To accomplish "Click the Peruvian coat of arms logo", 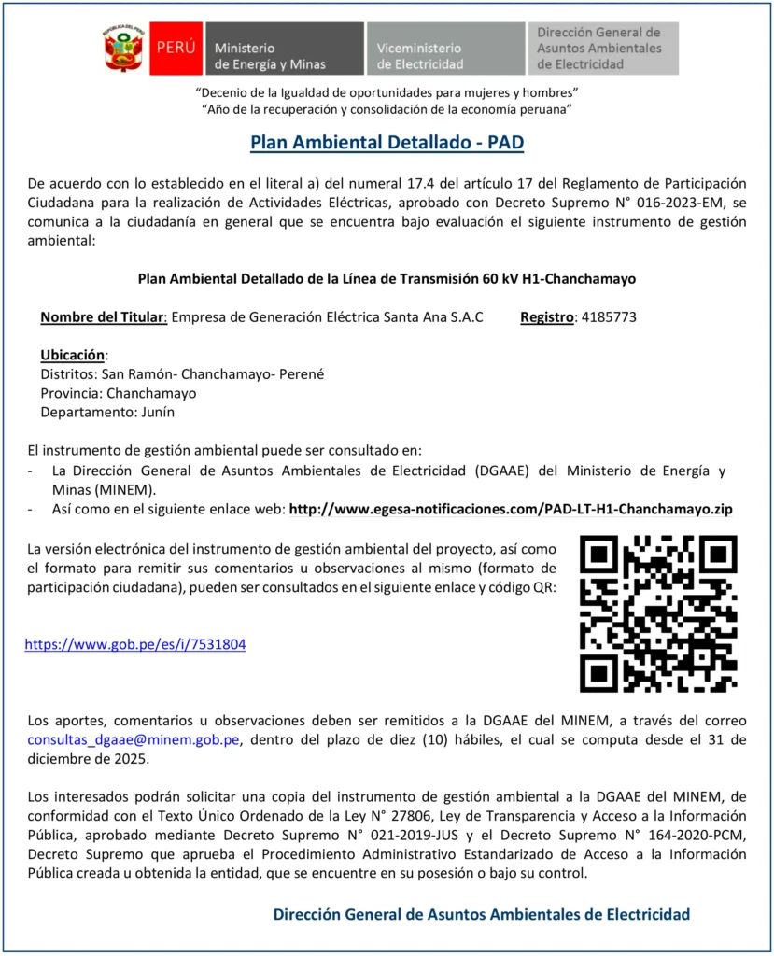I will (122, 49).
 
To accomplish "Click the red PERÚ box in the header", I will (176, 49).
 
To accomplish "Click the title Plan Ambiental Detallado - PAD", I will (387, 143).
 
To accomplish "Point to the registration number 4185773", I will (608, 317).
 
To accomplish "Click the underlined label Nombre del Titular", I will (103, 317).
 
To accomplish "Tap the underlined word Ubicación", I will (74, 355).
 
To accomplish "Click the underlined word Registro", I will (546, 317).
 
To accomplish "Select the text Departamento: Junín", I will (106, 412).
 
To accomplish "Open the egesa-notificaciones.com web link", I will (511, 509).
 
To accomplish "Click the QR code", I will (657, 613).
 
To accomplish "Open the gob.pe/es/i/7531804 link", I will (134, 644).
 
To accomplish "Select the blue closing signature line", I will (481, 914).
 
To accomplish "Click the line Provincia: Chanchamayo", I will (118, 393).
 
